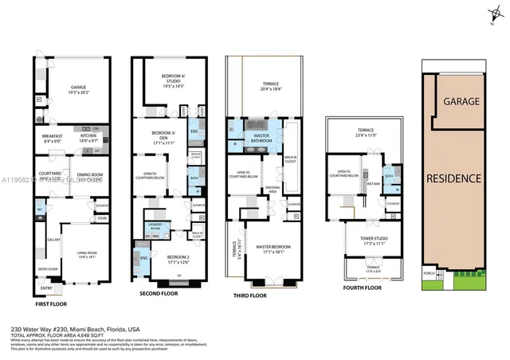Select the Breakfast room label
(53, 138)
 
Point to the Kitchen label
(89, 138)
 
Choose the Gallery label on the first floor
(54, 239)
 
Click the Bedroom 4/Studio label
(172, 83)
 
